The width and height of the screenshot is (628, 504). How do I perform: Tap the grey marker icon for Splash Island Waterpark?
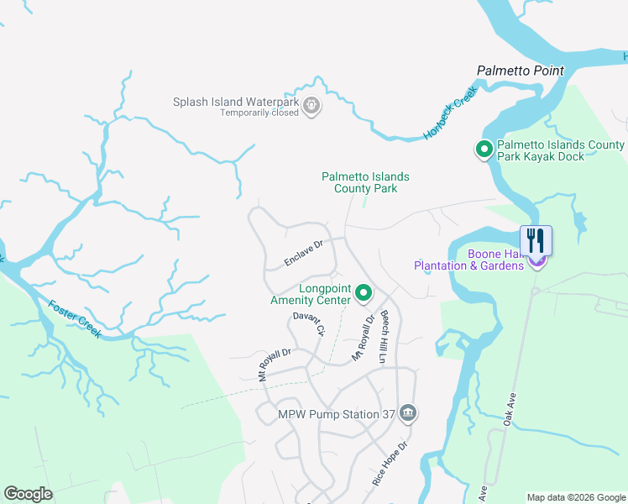pyautogui.click(x=311, y=106)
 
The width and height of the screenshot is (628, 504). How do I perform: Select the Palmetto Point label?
pyautogui.click(x=521, y=71)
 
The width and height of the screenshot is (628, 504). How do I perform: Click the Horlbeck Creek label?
pyautogui.click(x=450, y=113)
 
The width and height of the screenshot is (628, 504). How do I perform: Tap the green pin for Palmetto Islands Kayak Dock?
pyautogui.click(x=484, y=150)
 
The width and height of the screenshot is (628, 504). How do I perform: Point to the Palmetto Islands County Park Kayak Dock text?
pyautogui.click(x=561, y=150)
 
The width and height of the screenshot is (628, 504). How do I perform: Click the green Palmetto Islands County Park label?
pyautogui.click(x=365, y=182)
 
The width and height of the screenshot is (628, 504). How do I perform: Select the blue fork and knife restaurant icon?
pyautogui.click(x=536, y=241)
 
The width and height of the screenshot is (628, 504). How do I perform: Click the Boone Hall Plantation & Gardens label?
pyautogui.click(x=470, y=260)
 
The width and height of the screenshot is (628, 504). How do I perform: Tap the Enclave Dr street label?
pyautogui.click(x=304, y=254)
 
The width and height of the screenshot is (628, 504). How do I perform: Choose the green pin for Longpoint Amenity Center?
pyautogui.click(x=364, y=292)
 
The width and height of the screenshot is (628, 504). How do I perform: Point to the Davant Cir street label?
pyautogui.click(x=308, y=323)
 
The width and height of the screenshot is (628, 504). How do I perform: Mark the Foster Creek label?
pyautogui.click(x=75, y=320)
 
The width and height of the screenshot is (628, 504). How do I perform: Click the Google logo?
pyautogui.click(x=28, y=494)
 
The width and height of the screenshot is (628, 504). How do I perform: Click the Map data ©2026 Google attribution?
pyautogui.click(x=575, y=497)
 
